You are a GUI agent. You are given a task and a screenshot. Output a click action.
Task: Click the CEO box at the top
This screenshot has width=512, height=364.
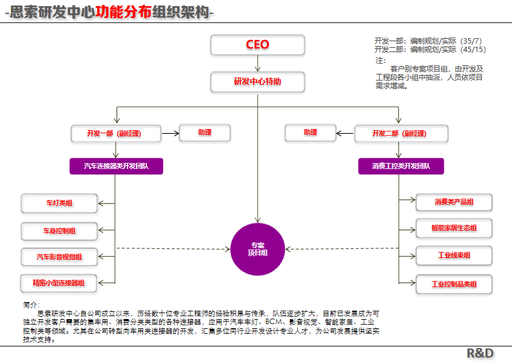tap(257, 45)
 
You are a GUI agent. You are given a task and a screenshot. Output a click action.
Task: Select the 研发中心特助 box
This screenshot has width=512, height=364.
tap(257, 82)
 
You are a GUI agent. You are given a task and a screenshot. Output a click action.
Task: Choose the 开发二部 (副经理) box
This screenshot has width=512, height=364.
tap(401, 133)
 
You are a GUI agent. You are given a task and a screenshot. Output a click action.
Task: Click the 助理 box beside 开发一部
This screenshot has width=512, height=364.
tap(204, 132)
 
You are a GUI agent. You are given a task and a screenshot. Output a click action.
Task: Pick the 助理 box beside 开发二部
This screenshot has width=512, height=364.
tap(311, 132)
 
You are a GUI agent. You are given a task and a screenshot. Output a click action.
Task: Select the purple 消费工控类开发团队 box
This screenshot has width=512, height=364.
tap(401, 166)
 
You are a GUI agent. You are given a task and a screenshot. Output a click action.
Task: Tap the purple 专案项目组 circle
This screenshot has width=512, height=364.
tap(258, 249)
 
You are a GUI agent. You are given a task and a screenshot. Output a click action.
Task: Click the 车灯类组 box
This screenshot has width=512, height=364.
tap(59, 204)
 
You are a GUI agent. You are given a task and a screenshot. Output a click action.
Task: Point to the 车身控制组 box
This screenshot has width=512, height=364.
tap(59, 231)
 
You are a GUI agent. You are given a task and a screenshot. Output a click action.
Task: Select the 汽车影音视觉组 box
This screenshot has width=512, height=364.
tap(59, 257)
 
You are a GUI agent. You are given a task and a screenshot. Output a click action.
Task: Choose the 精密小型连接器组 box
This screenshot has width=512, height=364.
tap(59, 283)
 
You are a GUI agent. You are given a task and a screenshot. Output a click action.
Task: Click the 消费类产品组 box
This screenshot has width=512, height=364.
tap(454, 202)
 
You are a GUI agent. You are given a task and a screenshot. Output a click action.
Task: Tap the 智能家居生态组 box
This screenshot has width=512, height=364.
tap(454, 228)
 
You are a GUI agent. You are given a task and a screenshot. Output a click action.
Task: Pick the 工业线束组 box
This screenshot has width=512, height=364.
tap(454, 255)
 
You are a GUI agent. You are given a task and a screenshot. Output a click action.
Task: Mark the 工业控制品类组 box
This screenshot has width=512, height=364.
tap(454, 284)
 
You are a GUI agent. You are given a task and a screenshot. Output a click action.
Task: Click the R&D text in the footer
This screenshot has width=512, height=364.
tap(480, 353)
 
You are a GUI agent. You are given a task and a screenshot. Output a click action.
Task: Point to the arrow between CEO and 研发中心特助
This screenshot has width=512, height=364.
tap(258, 63)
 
